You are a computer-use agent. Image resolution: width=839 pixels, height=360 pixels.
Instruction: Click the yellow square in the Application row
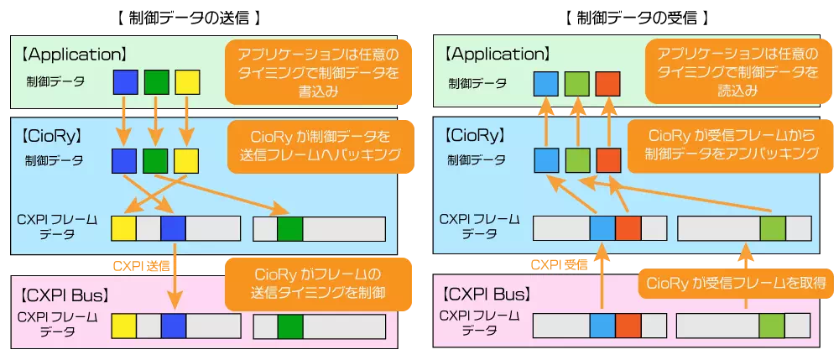click(x=186, y=81)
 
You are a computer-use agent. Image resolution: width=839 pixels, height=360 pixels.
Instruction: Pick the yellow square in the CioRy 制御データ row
click(x=186, y=160)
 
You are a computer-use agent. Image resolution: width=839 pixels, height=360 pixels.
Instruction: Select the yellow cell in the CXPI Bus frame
click(x=124, y=325)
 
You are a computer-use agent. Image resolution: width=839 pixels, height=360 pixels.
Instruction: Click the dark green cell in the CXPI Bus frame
click(x=290, y=325)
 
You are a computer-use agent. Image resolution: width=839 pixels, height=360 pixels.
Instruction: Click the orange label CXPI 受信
click(x=557, y=266)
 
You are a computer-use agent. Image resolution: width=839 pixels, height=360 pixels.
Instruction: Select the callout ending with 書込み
click(x=312, y=71)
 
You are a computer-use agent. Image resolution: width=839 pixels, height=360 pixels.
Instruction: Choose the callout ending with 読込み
click(x=733, y=71)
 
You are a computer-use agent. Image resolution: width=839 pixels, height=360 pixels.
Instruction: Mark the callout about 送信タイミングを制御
click(x=318, y=283)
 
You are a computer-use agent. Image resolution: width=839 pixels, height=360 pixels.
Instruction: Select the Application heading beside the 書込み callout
click(x=73, y=55)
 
